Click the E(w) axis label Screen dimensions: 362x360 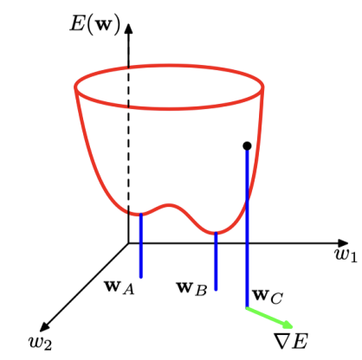click(94, 24)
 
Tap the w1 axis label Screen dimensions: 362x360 click(346, 254)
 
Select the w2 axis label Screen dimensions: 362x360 click(40, 343)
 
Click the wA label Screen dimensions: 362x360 click(120, 288)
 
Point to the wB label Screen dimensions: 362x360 click(191, 289)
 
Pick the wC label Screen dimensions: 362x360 click(268, 297)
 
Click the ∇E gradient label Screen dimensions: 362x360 click(291, 341)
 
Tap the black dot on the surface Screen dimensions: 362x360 click(247, 146)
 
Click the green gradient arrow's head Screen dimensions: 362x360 click(288, 325)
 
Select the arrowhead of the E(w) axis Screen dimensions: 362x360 click(129, 28)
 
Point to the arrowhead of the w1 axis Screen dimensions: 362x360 click(343, 243)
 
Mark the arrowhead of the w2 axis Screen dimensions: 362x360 click(44, 326)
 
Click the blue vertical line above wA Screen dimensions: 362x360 click(141, 246)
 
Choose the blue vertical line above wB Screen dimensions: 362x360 click(216, 261)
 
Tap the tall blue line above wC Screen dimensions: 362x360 click(247, 228)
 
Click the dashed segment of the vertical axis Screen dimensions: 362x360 click(128, 140)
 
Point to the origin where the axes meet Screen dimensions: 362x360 click(128, 243)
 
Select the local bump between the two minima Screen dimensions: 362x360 click(170, 205)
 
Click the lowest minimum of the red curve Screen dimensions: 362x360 click(216, 233)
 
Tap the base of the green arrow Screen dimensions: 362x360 click(247, 308)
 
